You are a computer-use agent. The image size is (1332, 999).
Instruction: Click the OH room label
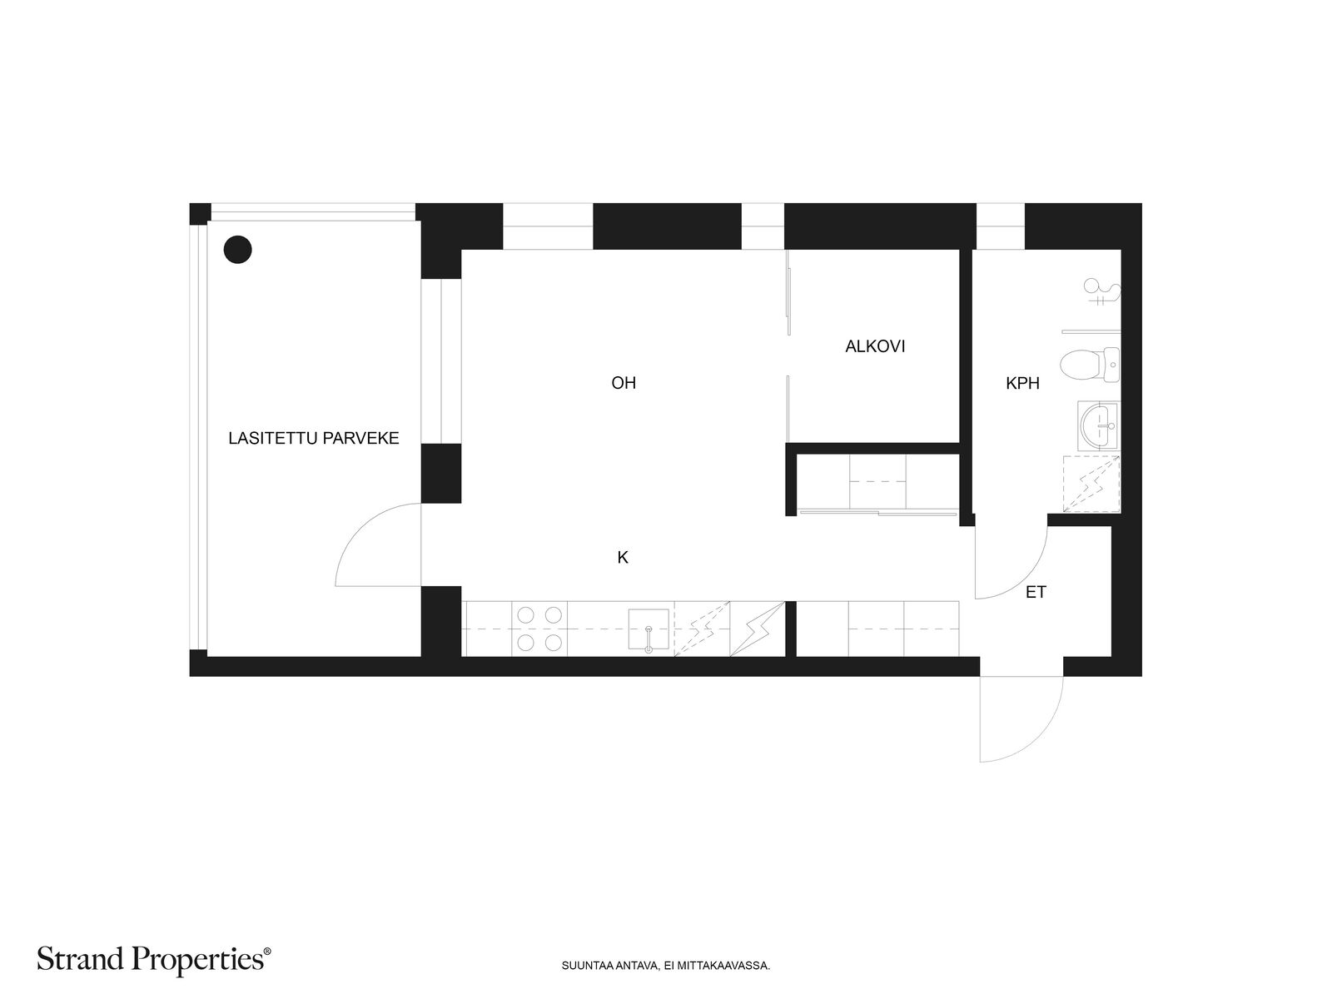[x=624, y=383]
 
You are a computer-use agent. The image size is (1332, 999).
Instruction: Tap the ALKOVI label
[x=875, y=346]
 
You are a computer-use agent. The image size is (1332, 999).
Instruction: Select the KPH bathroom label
[x=1022, y=384]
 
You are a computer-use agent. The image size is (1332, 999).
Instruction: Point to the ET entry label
[x=1036, y=593]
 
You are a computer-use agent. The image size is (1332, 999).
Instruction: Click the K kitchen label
[x=623, y=558]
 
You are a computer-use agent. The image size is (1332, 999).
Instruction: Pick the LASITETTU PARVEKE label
[x=314, y=438]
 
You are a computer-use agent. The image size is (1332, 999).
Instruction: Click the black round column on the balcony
[x=238, y=249]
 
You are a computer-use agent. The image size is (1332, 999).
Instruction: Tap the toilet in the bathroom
[x=1090, y=364]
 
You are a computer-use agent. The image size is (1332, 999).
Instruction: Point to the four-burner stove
[x=539, y=629]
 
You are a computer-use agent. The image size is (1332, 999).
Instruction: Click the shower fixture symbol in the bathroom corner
[x=1103, y=291]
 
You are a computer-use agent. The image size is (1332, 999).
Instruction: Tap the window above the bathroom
[x=1000, y=226]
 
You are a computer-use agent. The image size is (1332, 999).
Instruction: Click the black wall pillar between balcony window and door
[x=440, y=473]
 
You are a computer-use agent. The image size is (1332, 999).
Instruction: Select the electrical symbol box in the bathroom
[x=1091, y=484]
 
